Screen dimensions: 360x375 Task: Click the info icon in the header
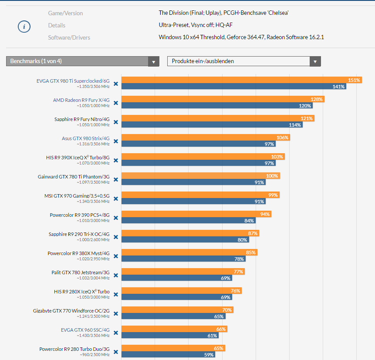(24, 27)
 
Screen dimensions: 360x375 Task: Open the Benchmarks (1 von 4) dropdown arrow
(153, 61)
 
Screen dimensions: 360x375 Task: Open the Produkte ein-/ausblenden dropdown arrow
(315, 61)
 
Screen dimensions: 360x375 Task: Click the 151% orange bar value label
(354, 80)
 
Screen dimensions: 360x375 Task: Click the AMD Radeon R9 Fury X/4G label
(81, 100)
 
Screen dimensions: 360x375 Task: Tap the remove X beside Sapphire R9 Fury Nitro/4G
(116, 122)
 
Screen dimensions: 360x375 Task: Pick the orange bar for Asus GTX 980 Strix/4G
(205, 138)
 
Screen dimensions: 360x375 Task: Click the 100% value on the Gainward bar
(272, 176)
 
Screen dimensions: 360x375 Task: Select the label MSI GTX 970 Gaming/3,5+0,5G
(77, 195)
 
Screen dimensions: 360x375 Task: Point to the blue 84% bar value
(249, 221)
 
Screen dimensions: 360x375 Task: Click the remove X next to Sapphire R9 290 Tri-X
(116, 237)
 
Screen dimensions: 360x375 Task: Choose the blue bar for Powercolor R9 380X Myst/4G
(183, 259)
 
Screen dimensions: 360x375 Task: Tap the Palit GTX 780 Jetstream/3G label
(81, 272)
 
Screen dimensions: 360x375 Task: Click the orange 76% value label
(235, 291)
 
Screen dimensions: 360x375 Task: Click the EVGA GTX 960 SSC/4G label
(85, 330)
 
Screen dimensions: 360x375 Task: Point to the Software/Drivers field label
(69, 37)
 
